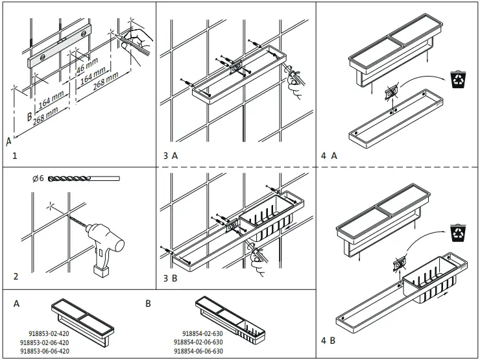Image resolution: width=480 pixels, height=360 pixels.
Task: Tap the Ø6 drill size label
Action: pyautogui.click(x=36, y=178)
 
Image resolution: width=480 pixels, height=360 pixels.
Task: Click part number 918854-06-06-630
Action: pyautogui.click(x=200, y=350)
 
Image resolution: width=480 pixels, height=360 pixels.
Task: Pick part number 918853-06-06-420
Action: pyautogui.click(x=45, y=350)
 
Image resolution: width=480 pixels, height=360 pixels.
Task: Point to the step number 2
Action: pyautogui.click(x=16, y=276)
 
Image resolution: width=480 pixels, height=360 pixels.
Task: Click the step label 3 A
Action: pyautogui.click(x=171, y=156)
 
